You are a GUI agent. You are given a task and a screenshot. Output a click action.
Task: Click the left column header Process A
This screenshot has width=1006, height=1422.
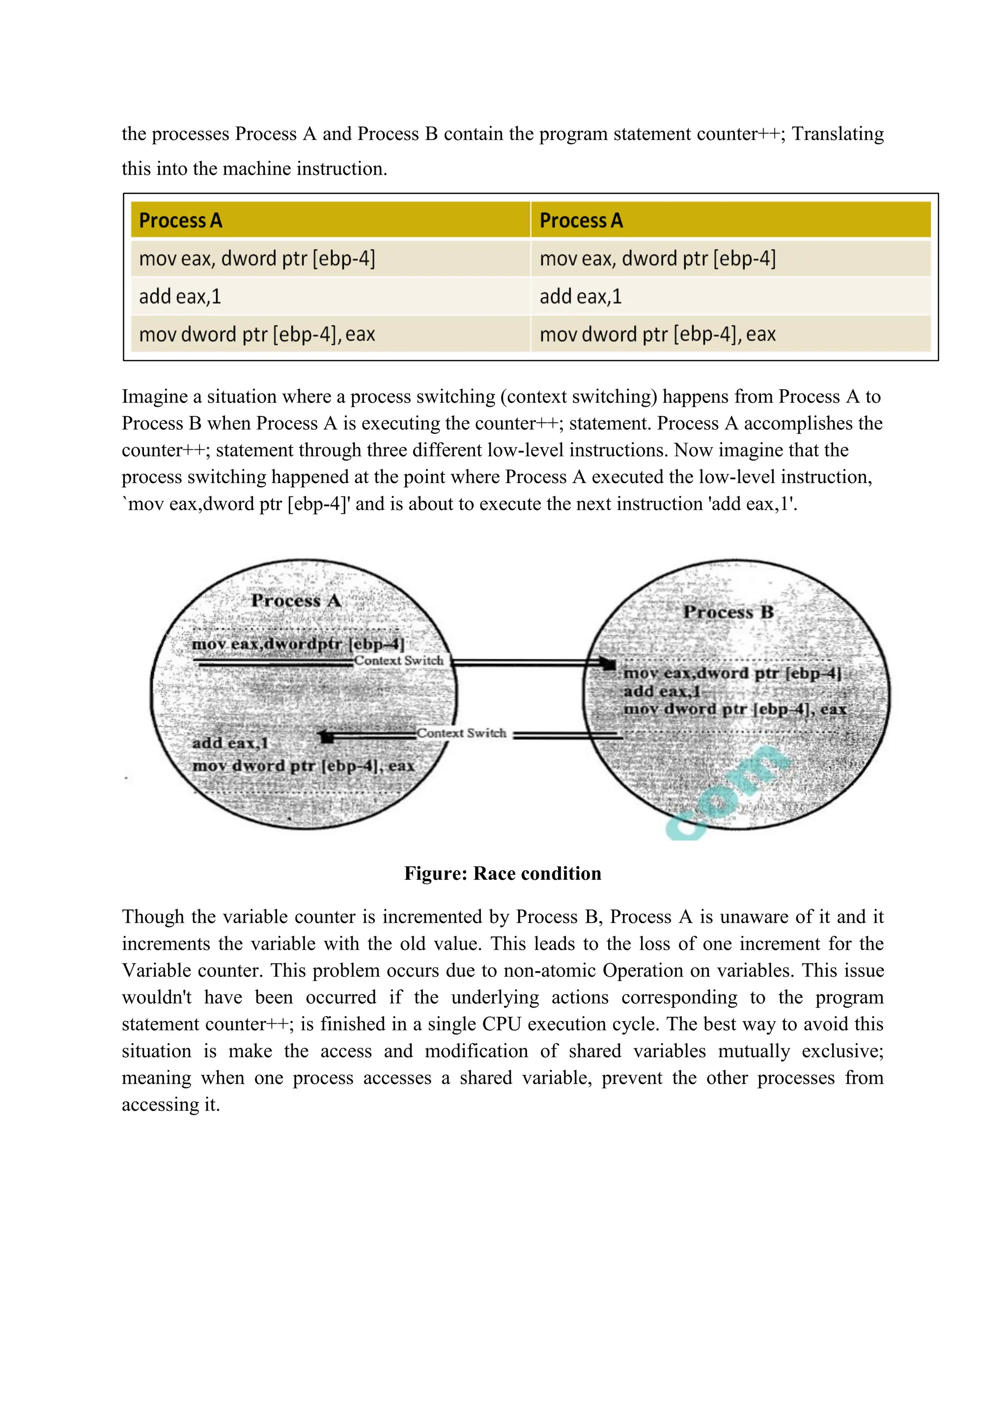pos(180,220)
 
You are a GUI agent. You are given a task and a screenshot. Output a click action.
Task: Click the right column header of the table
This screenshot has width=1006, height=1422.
pos(581,220)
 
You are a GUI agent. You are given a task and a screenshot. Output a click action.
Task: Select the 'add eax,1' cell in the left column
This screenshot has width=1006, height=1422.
pos(180,297)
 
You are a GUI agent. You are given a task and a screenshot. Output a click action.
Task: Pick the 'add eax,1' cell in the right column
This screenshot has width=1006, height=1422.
pos(581,297)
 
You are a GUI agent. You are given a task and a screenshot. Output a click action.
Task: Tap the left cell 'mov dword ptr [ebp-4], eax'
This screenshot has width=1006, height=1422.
pos(257,334)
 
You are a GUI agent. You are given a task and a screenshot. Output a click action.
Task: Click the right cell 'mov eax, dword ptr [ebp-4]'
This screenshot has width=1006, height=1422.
pos(657,258)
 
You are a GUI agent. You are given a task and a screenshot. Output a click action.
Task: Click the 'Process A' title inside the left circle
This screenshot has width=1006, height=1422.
pos(296,601)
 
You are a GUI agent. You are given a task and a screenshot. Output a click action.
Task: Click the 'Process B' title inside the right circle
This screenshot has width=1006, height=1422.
pos(728,612)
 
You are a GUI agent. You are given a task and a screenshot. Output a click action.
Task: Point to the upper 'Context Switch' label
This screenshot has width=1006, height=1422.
pos(399,661)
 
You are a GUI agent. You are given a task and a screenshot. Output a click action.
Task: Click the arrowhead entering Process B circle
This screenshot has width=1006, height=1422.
pos(609,664)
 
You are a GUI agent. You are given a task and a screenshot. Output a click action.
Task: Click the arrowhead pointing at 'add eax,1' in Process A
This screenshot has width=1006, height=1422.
pos(327,737)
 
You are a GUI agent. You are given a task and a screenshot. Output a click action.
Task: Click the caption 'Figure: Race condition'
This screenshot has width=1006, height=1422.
pos(503,873)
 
